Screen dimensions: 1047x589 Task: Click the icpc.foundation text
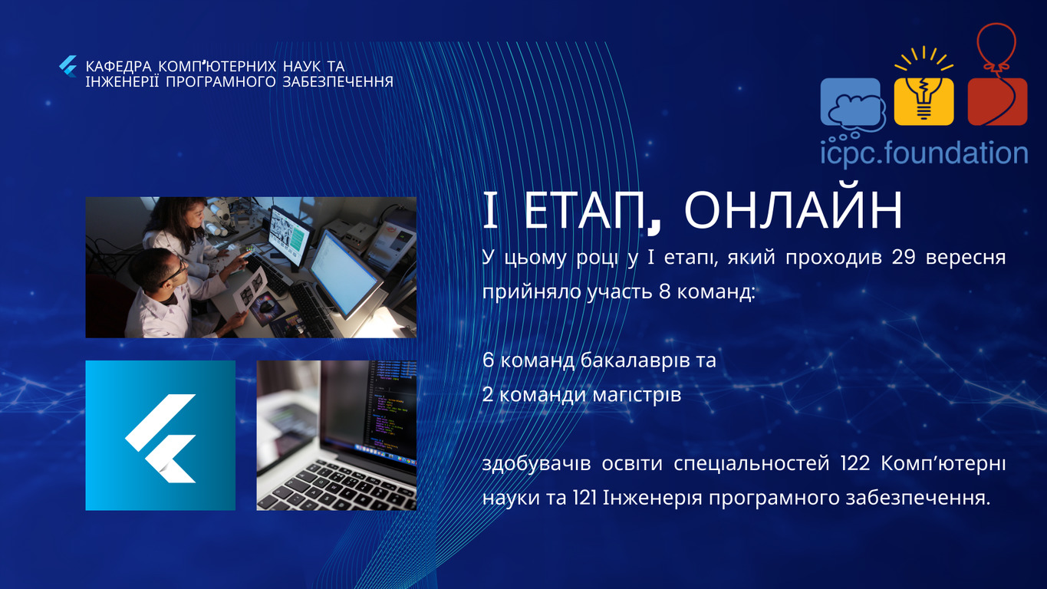924,153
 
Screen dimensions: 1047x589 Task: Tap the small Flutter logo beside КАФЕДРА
68,67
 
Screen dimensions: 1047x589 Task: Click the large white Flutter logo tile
160,435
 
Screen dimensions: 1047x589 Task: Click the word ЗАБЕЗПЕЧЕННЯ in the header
337,82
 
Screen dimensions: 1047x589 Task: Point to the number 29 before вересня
903,257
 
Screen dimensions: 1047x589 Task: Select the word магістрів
637,396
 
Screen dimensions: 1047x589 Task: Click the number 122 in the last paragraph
855,464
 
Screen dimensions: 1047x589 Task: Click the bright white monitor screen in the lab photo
344,274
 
